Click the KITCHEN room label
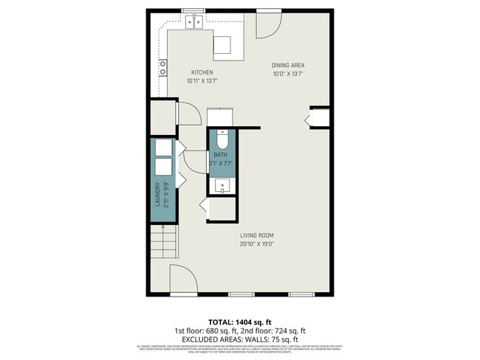(x=202, y=72)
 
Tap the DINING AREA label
(x=288, y=65)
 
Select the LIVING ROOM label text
(x=257, y=236)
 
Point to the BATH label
(x=221, y=155)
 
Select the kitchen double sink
(x=195, y=22)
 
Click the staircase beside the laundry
(x=164, y=241)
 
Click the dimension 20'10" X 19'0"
(x=257, y=244)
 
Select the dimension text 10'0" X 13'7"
(x=288, y=73)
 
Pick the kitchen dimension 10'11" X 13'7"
(x=202, y=80)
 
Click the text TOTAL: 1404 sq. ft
(x=240, y=322)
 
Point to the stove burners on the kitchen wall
(x=162, y=68)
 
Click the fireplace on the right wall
(x=320, y=118)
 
